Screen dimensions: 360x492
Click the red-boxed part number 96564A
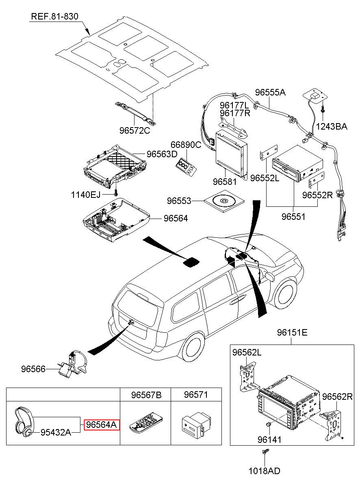(101, 425)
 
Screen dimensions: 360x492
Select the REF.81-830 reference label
(55, 17)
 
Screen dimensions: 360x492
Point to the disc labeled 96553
(224, 201)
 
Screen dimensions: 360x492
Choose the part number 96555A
(270, 92)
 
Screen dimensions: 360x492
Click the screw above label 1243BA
(323, 110)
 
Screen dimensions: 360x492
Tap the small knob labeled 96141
(268, 424)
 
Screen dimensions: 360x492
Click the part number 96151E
(292, 333)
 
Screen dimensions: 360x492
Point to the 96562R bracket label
(337, 397)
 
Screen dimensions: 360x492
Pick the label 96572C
(134, 130)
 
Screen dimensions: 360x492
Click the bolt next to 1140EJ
(116, 193)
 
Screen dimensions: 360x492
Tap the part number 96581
(225, 182)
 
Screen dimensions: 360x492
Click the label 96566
(33, 369)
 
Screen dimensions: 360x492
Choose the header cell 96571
(196, 395)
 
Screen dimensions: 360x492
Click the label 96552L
(265, 178)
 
